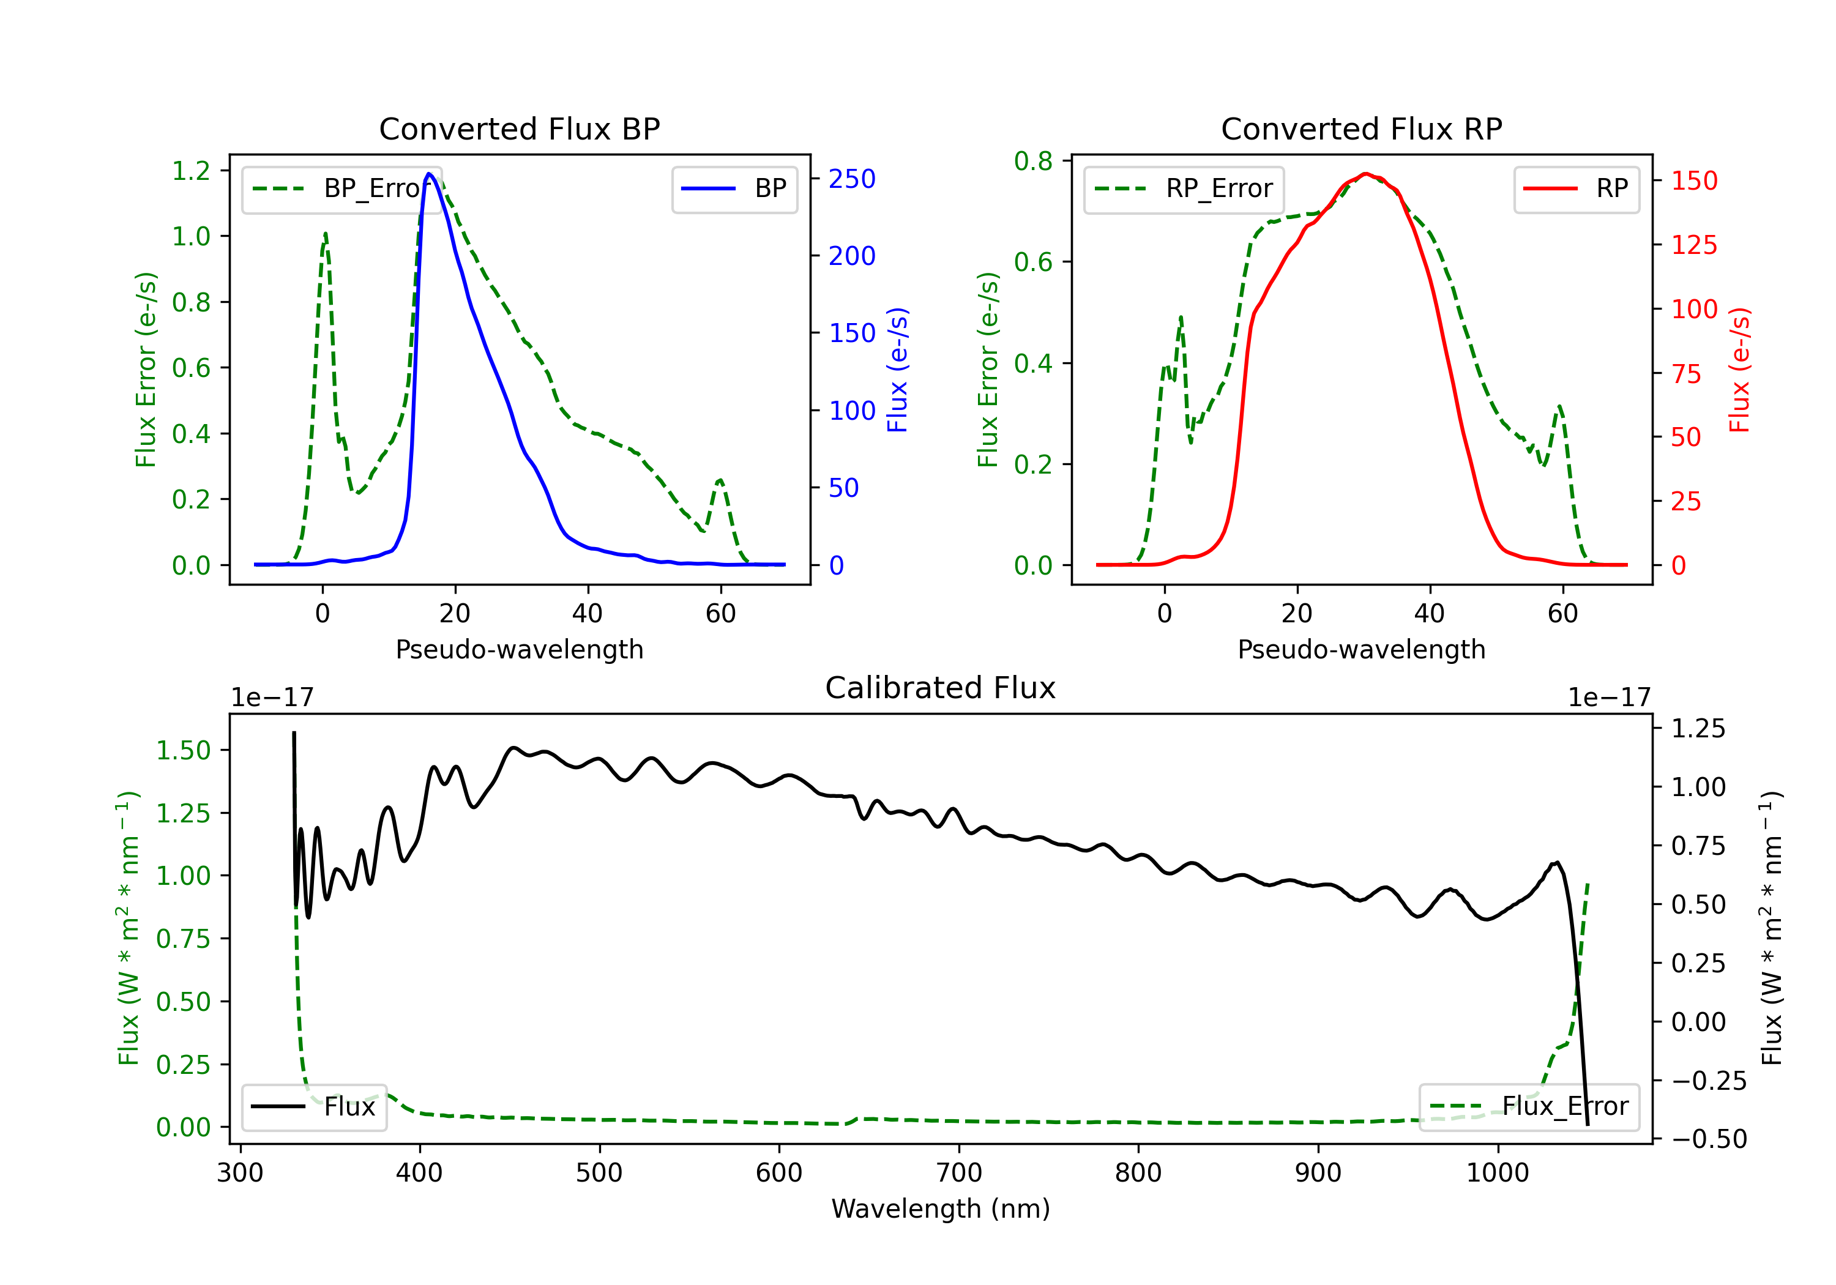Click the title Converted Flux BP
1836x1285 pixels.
click(x=519, y=128)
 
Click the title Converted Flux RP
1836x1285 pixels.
click(x=1361, y=128)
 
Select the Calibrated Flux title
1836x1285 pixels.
click(x=941, y=688)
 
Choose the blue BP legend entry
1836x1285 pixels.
click(x=734, y=188)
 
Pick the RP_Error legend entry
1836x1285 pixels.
click(x=1184, y=188)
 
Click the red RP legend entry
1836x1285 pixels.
click(x=1576, y=188)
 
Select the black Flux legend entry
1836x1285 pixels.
click(x=313, y=1107)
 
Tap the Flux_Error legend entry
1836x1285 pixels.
click(x=1529, y=1107)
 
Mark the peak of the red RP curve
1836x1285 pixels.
click(x=1366, y=174)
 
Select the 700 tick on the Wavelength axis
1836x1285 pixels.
click(x=959, y=1173)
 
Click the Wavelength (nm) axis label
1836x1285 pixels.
click(x=941, y=1209)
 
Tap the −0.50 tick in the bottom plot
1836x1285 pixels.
click(x=1709, y=1139)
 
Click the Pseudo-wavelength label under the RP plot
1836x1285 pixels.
click(x=1361, y=649)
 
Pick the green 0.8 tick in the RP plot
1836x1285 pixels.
click(x=1033, y=161)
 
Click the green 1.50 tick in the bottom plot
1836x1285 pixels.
click(x=183, y=750)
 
